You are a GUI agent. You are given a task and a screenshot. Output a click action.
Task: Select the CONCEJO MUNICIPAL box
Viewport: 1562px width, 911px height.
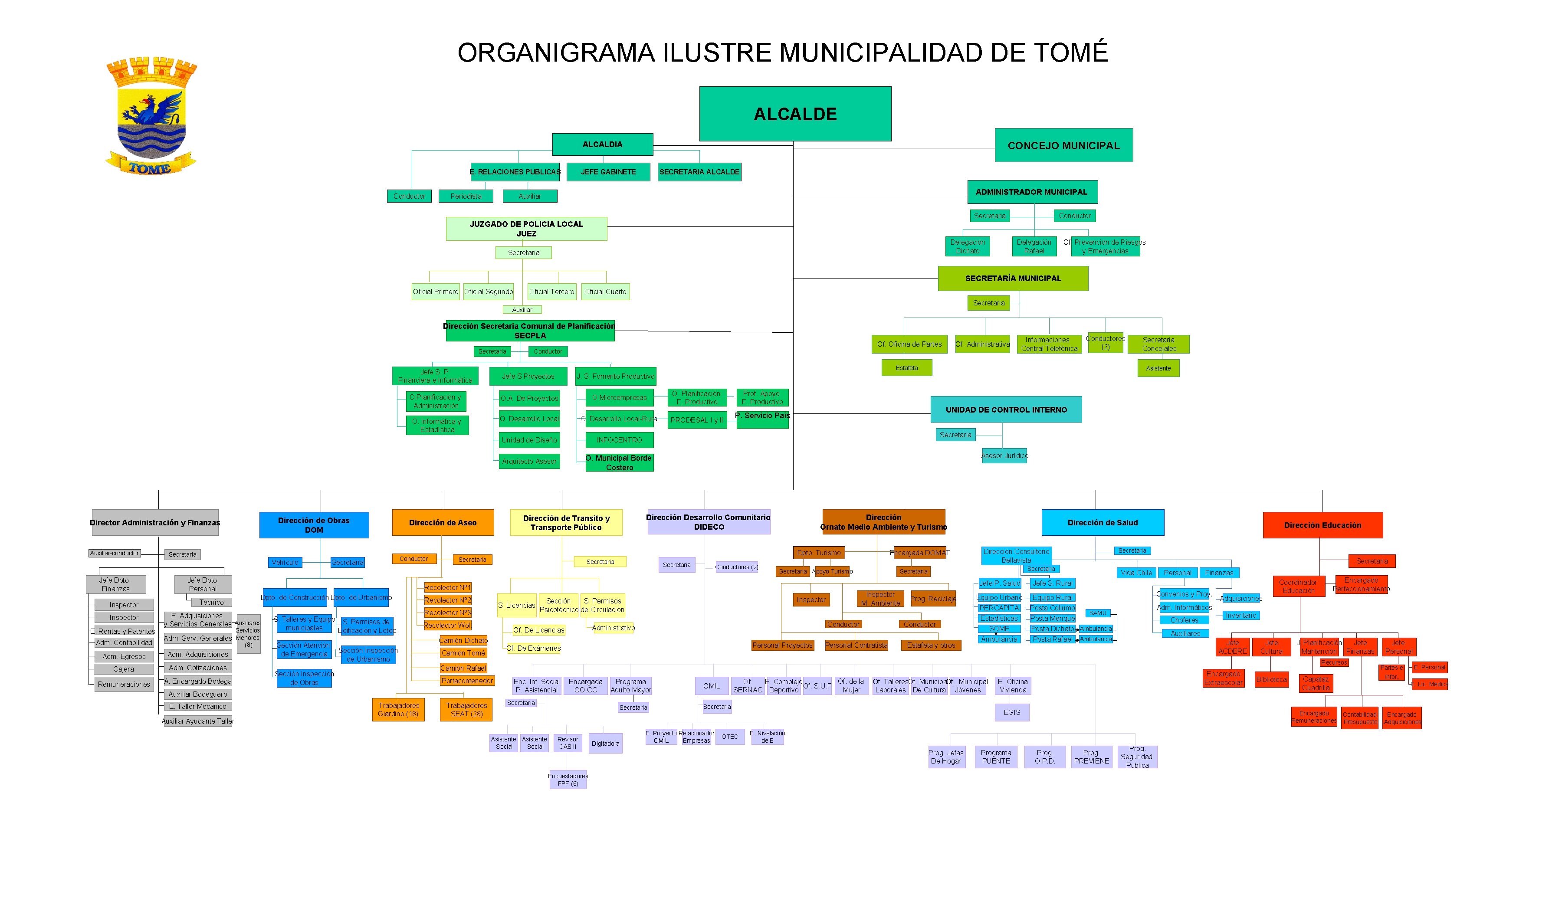coord(1063,146)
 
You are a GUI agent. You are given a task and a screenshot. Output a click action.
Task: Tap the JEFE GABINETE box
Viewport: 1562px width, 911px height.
coord(608,172)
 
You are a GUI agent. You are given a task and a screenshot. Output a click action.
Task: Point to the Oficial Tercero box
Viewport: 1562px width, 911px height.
coord(551,291)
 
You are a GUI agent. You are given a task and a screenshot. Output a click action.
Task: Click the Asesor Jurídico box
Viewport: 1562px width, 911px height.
coord(1004,455)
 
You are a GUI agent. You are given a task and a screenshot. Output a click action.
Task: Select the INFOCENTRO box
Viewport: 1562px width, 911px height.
coord(619,440)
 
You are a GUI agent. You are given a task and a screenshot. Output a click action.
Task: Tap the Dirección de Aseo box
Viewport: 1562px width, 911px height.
coord(443,522)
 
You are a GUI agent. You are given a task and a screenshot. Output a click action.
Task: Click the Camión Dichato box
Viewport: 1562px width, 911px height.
coord(463,640)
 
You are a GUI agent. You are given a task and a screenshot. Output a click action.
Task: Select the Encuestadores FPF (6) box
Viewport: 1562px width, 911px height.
coord(568,780)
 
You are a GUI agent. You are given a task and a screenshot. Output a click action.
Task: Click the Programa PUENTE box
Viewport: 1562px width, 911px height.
coord(995,757)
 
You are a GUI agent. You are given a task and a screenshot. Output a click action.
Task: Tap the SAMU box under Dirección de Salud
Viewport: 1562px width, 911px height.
coord(1097,613)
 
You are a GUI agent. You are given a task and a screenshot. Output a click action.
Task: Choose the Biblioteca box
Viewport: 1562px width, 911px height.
coord(1271,679)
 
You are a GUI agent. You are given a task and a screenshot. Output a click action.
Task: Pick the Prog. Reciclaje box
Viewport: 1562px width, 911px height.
coord(933,599)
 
